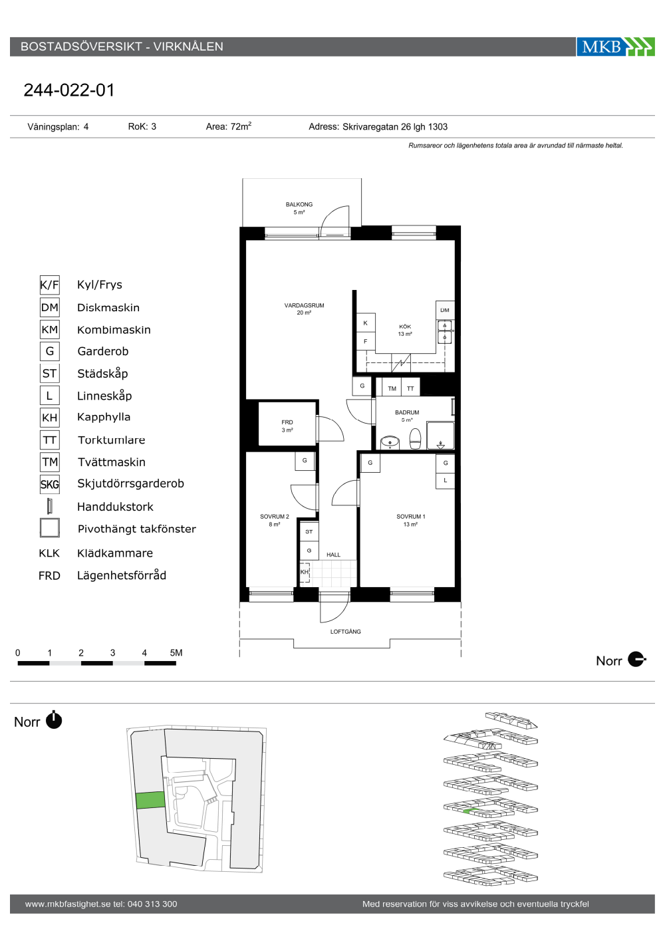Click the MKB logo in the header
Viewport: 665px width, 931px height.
615,47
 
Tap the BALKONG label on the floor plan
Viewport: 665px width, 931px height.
299,205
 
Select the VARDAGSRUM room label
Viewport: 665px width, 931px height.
305,305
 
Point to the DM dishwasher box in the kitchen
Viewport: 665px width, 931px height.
445,310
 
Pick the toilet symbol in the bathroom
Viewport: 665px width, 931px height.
415,439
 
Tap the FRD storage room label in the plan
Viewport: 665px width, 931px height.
287,422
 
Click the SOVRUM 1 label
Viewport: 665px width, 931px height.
411,517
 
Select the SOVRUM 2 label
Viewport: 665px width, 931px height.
274,517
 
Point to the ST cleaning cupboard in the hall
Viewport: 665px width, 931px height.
309,531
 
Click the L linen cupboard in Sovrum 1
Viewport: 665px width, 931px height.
445,480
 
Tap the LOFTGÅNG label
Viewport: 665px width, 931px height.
345,632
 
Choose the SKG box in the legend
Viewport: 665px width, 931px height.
50,484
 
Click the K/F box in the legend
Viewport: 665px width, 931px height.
50,285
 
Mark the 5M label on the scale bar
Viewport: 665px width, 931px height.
176,652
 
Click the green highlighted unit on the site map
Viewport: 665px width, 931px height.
150,800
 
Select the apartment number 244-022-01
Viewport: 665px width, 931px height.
69,90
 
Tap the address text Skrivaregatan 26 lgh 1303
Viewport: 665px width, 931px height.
395,127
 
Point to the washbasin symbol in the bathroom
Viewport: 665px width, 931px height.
390,442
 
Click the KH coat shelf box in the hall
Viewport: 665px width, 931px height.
305,573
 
